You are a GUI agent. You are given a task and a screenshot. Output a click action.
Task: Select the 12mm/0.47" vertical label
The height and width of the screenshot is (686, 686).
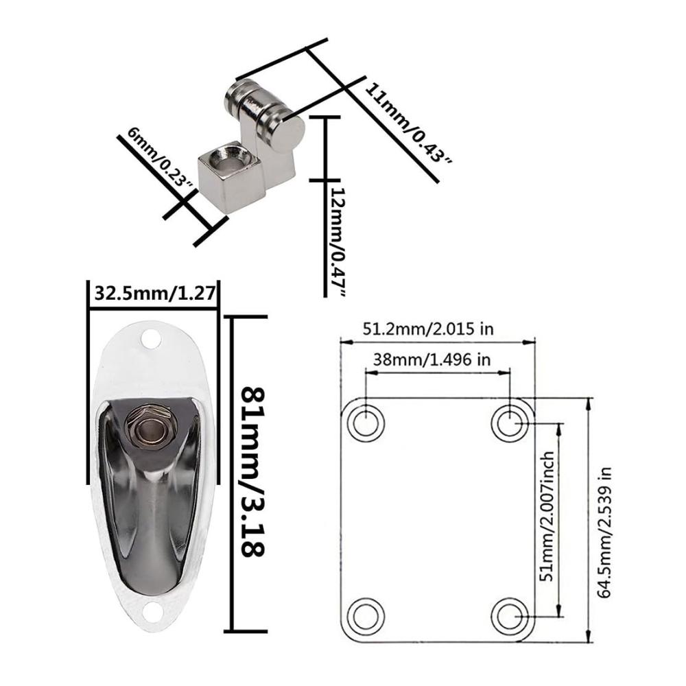click(x=338, y=242)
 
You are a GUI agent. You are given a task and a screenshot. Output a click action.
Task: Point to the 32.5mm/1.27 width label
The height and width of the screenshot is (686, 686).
click(x=155, y=293)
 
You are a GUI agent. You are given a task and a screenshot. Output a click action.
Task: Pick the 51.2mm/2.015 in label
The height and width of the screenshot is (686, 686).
click(x=428, y=328)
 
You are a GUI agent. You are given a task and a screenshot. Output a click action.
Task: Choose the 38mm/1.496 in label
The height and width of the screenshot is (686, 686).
click(x=431, y=359)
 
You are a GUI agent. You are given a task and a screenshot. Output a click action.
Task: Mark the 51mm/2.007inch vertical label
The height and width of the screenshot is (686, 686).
click(x=547, y=517)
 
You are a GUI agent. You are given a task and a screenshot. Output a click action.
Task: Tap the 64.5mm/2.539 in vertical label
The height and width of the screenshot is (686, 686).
click(x=604, y=532)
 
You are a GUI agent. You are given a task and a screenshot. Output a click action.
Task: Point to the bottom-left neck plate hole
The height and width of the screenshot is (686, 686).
click(x=366, y=615)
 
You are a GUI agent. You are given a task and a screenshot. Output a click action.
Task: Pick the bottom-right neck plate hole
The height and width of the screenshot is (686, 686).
click(x=510, y=615)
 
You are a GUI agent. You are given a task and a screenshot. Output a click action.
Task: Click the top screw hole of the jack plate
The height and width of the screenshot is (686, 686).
click(x=150, y=339)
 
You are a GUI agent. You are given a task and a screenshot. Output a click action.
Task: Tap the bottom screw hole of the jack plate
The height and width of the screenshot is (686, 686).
click(x=153, y=612)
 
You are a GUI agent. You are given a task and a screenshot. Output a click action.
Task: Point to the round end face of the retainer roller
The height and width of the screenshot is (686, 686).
click(x=288, y=131)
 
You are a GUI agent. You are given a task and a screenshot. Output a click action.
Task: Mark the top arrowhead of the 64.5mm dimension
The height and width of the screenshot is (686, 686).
click(x=590, y=403)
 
